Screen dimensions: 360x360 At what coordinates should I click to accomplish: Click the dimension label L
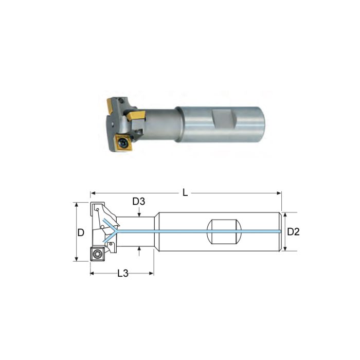coord(185,193)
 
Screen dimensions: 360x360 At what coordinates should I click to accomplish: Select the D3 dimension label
coord(139,201)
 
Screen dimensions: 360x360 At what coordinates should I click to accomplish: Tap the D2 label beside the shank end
coord(293,232)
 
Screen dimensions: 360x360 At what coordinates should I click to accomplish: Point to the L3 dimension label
coord(122,273)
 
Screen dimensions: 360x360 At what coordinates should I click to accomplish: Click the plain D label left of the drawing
coord(81,232)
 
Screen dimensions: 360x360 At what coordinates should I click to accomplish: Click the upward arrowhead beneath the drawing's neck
coord(139,250)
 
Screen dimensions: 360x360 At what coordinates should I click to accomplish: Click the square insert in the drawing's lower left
coord(97,254)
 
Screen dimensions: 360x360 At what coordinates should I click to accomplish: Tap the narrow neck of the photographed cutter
coord(160,123)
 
